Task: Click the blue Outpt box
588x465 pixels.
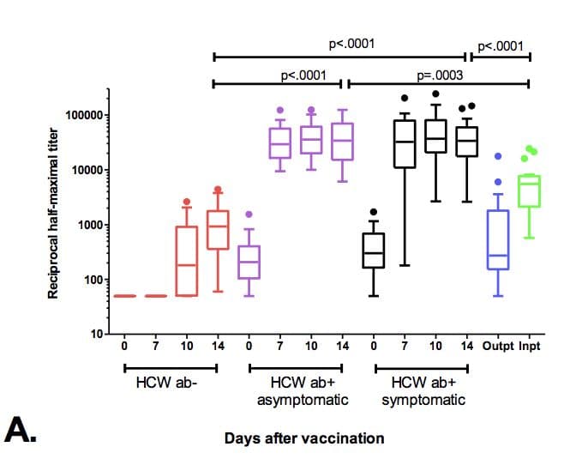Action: click(x=498, y=239)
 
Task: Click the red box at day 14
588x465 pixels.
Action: click(x=218, y=229)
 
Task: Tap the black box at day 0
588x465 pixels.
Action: click(x=373, y=251)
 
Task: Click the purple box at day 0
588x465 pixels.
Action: click(x=249, y=262)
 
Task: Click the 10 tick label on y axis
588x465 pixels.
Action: click(x=92, y=335)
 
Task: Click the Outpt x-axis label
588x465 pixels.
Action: click(x=498, y=347)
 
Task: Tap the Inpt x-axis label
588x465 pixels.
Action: click(x=530, y=347)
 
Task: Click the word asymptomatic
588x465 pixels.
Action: click(x=295, y=401)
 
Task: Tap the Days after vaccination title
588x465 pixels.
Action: click(x=304, y=438)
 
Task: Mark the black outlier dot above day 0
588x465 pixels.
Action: click(x=373, y=211)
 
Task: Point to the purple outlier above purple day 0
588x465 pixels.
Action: click(x=249, y=214)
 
